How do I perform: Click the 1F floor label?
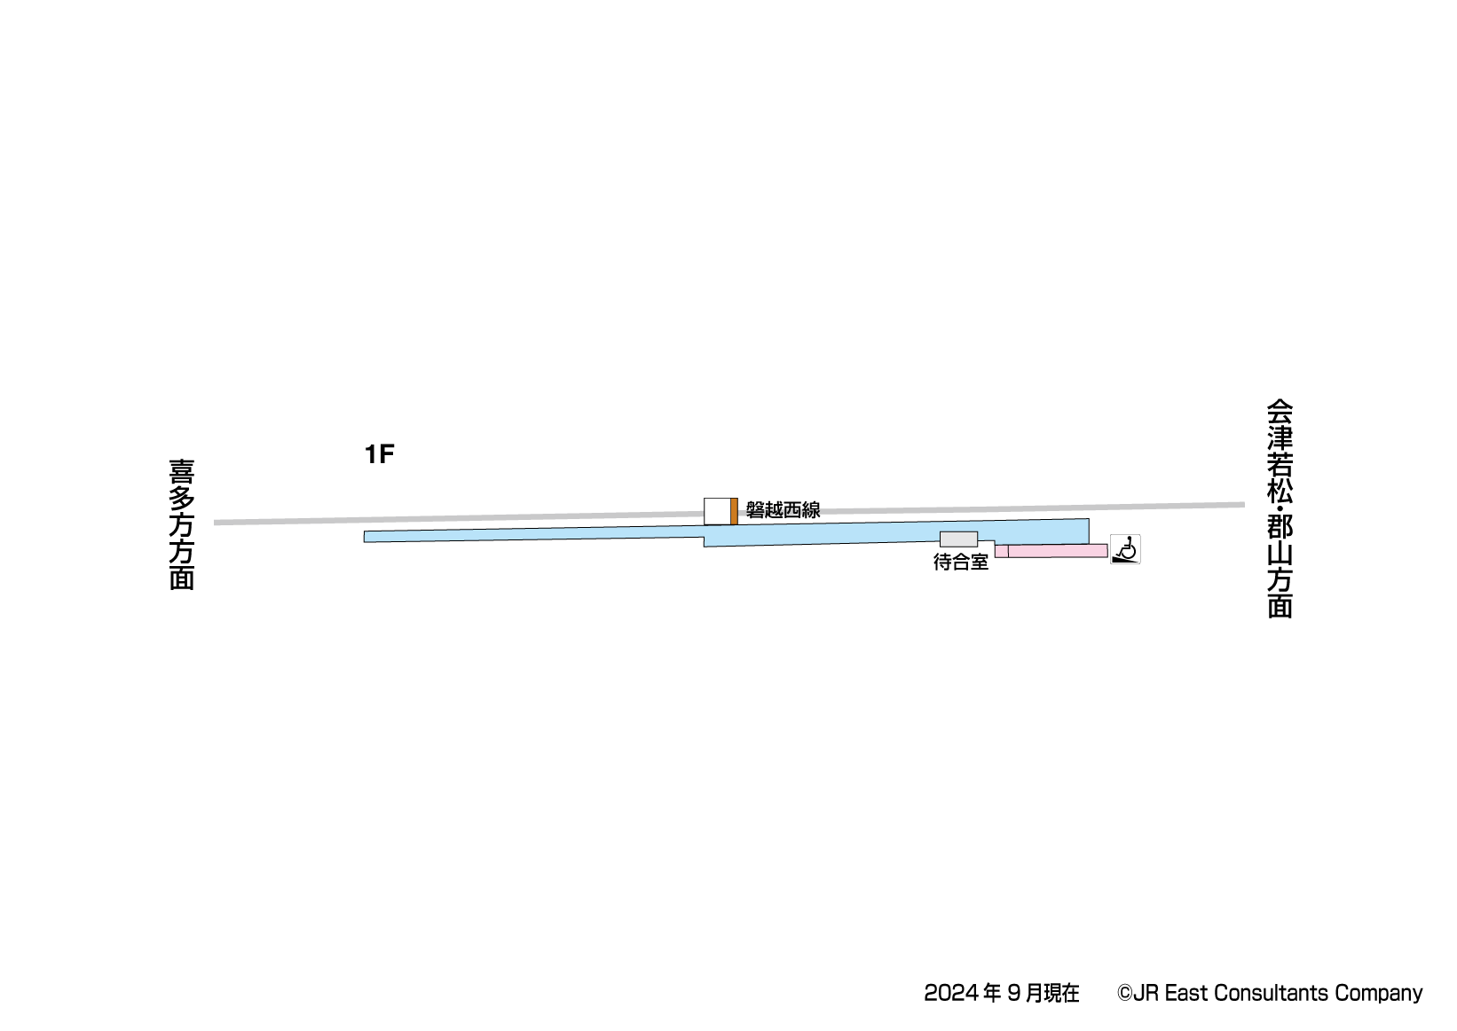pos(379,454)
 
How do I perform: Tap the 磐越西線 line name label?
pos(783,510)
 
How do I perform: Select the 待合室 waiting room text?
pos(961,562)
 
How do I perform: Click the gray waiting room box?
pos(958,539)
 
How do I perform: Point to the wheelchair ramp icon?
pos(1124,549)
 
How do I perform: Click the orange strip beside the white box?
pos(734,511)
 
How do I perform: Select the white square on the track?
pos(717,511)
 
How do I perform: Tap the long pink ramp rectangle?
pos(1058,551)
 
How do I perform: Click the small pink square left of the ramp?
pos(1002,552)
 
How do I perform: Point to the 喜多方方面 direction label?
pos(182,524)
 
